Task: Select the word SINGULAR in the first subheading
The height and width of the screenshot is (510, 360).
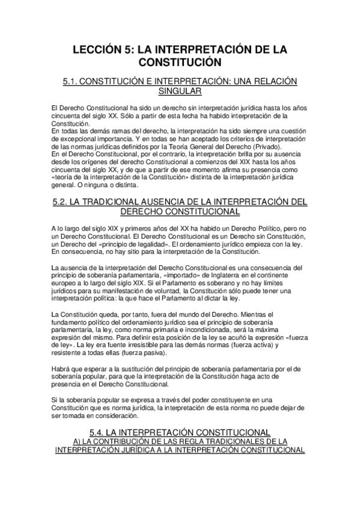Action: point(180,91)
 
